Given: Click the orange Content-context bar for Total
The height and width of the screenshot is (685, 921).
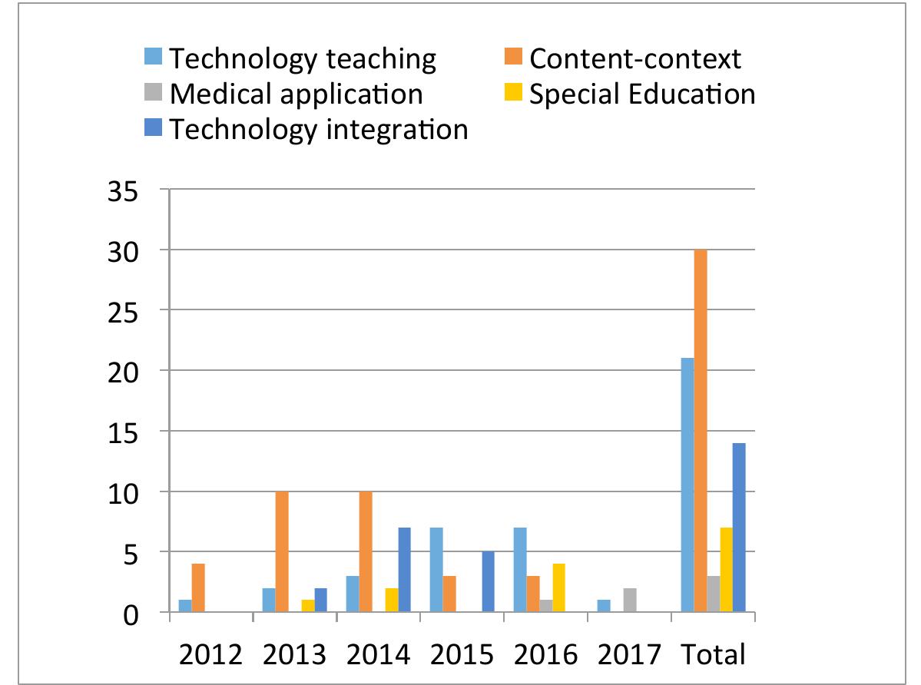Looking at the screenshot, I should (x=701, y=431).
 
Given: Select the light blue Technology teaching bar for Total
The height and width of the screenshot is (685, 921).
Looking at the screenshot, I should (x=687, y=485).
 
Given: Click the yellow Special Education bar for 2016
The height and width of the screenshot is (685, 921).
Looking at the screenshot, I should (x=558, y=588).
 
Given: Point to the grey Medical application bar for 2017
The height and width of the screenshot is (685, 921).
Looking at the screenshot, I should (x=630, y=600).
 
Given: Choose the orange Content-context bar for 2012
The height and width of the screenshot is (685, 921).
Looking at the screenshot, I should (x=198, y=588).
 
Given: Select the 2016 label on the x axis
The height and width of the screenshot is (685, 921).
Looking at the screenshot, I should (x=545, y=654).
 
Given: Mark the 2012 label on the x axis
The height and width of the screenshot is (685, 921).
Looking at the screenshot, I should (x=210, y=654).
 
